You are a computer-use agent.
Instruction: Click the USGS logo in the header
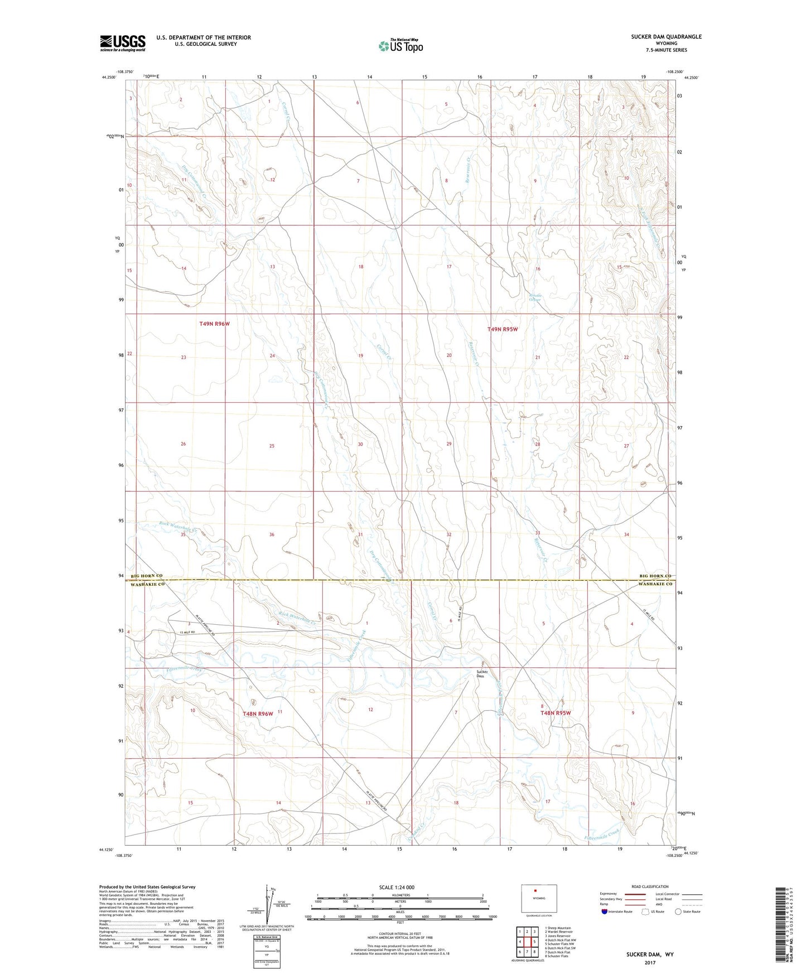(x=122, y=43)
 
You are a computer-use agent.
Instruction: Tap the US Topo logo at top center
(x=400, y=46)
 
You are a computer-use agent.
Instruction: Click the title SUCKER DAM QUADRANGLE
(x=666, y=37)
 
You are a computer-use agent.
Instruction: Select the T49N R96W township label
(x=214, y=324)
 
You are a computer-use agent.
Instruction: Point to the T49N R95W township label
(x=503, y=330)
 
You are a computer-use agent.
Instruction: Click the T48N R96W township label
(x=258, y=713)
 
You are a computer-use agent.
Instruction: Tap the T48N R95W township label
(x=555, y=713)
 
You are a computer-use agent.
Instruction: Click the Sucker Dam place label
(x=482, y=674)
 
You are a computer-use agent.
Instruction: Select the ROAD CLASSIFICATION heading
(x=650, y=886)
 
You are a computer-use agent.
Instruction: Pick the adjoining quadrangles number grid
(x=527, y=942)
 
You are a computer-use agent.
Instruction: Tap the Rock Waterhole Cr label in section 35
(x=178, y=527)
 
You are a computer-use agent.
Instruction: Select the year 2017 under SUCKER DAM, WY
(x=649, y=963)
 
